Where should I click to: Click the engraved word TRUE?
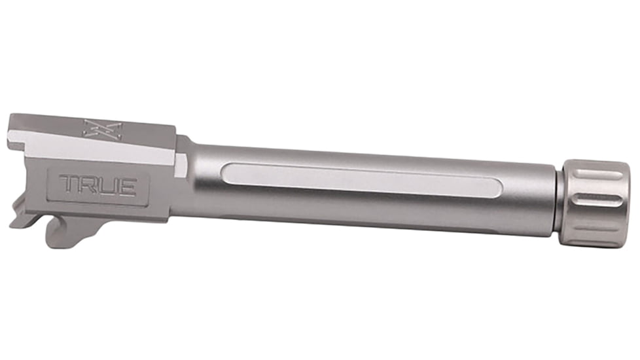click(99, 186)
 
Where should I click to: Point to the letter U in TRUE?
click(108, 186)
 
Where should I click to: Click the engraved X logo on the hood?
click(95, 129)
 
